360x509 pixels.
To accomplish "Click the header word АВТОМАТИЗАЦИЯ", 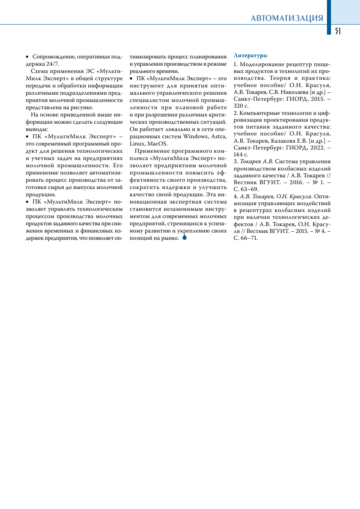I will pos(287,18).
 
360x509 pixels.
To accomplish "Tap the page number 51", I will pos(338,31).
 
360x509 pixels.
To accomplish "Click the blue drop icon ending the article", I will pos(185,237).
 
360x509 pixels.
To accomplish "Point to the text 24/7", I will pos(52,64).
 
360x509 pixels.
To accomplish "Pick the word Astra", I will pos(218,136).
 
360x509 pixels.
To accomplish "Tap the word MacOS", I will pos(157,143).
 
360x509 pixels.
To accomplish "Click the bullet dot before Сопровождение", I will pos(27,57).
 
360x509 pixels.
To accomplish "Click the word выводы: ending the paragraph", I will pos(37,129).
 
